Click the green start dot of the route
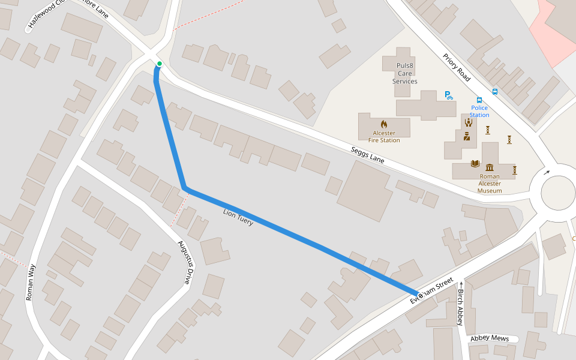coord(159,64)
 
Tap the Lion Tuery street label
coord(238,217)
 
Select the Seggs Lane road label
coord(368,156)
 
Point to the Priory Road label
coord(457,67)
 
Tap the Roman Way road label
coord(31,283)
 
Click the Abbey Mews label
coord(489,338)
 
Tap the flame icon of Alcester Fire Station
coord(384,124)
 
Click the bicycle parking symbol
coord(448,95)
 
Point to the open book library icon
coord(475,163)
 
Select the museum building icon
coord(490,167)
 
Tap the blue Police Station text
coord(479,111)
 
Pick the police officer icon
coord(466,136)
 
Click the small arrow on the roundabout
coord(547,172)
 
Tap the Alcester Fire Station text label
coord(384,137)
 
